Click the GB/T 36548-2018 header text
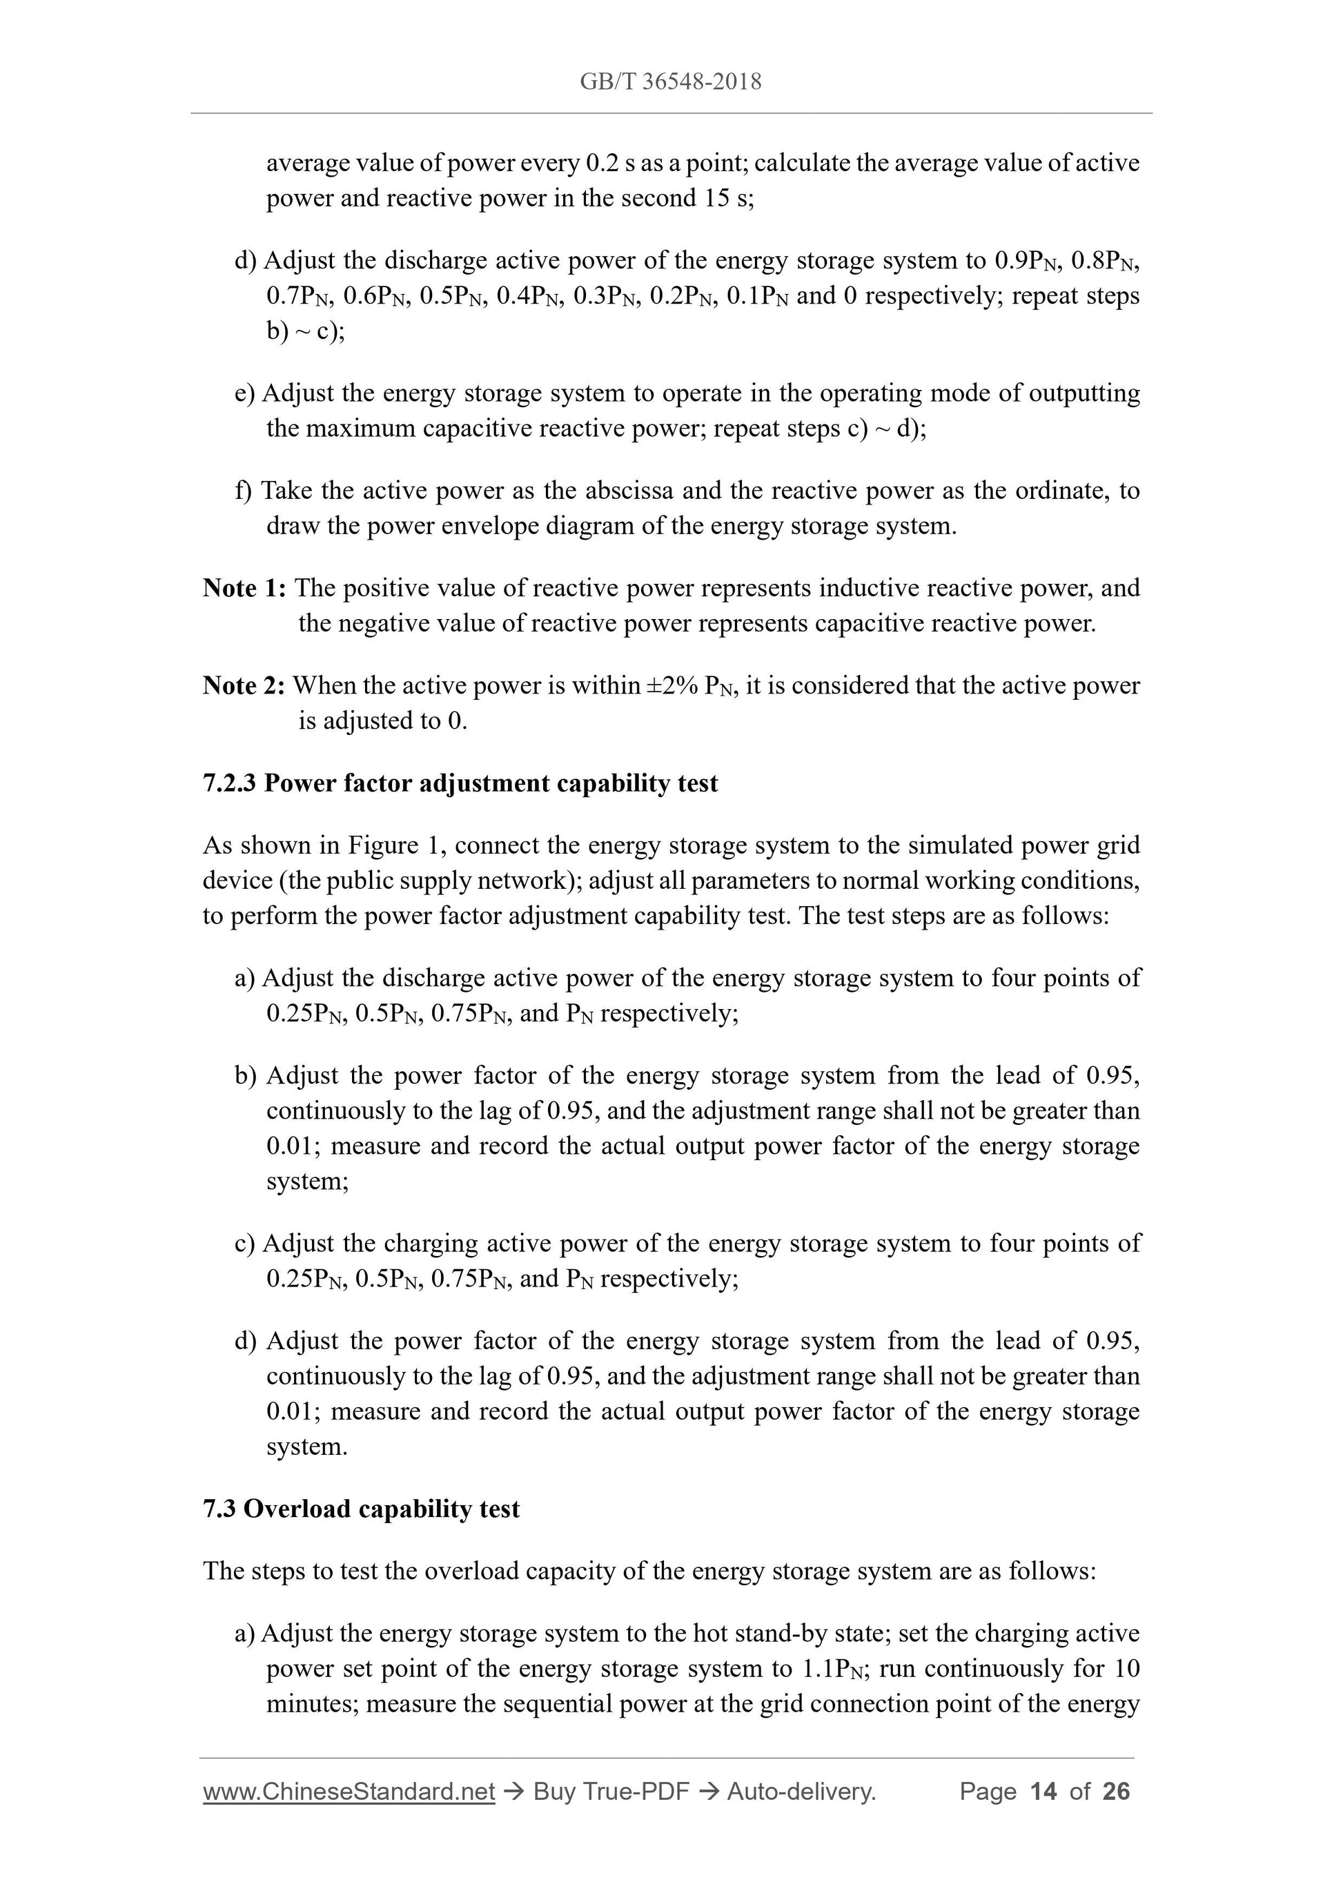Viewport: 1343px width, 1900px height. coord(670,81)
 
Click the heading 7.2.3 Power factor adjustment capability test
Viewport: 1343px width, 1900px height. coord(460,783)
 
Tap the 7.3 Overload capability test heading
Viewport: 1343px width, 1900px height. coord(361,1509)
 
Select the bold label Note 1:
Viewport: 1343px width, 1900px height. coord(244,589)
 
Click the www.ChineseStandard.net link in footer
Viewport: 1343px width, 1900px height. coord(349,1792)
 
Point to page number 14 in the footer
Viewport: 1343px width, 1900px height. coord(1043,1792)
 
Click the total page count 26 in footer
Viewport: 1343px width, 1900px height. coord(1116,1792)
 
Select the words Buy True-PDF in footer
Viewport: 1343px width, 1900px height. coord(611,1792)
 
